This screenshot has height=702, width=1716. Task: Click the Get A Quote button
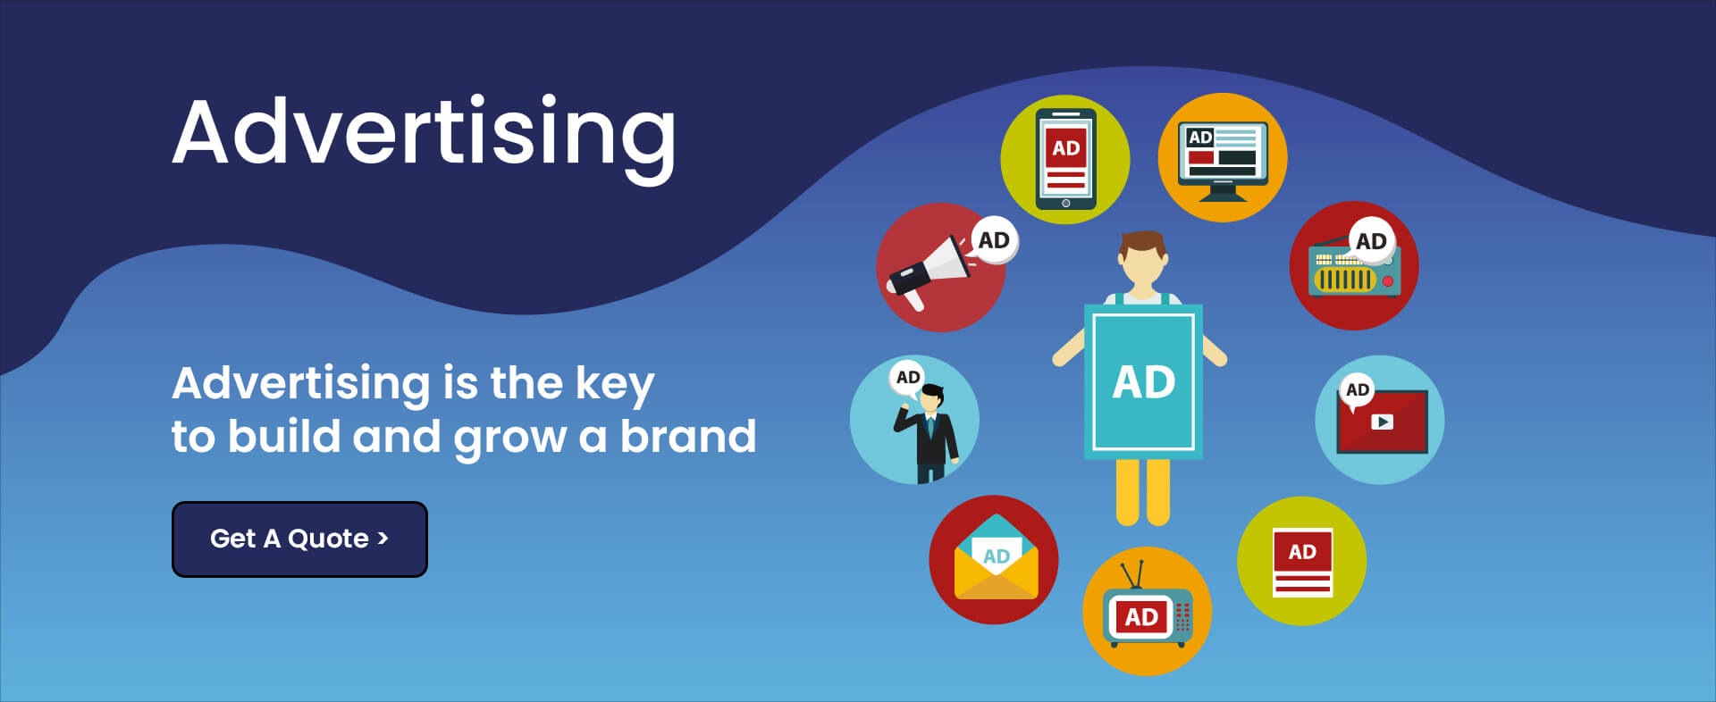tap(299, 539)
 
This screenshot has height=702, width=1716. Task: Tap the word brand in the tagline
tap(688, 436)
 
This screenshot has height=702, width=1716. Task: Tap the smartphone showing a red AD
tap(1065, 159)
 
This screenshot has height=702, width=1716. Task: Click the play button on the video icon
tap(1382, 422)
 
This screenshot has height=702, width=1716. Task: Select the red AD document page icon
tap(1302, 563)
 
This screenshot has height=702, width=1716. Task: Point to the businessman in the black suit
tap(928, 434)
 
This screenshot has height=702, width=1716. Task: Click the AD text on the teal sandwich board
tap(1143, 382)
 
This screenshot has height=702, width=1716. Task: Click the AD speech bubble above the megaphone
tap(994, 240)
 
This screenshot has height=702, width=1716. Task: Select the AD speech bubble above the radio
tap(1371, 241)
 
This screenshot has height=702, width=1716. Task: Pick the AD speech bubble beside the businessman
tap(908, 378)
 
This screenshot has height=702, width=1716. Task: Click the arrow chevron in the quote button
tap(383, 538)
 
